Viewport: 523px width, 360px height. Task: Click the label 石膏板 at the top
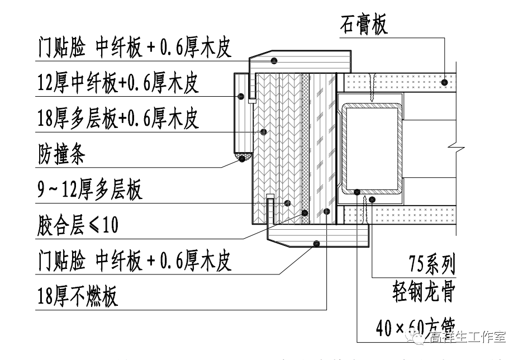pos(364,25)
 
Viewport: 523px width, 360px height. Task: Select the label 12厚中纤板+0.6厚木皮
pos(118,83)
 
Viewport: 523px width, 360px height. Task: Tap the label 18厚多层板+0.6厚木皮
pos(118,119)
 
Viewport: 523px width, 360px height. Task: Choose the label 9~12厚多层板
pos(90,190)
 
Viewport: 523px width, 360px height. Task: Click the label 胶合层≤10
pos(78,225)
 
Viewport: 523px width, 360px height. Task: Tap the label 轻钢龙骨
pos(424,292)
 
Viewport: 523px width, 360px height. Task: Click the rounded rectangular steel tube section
pos(372,149)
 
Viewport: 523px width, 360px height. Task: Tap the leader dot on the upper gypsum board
pos(444,82)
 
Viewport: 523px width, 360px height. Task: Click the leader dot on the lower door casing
pos(316,243)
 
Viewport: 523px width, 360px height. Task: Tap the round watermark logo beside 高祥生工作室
pos(420,337)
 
